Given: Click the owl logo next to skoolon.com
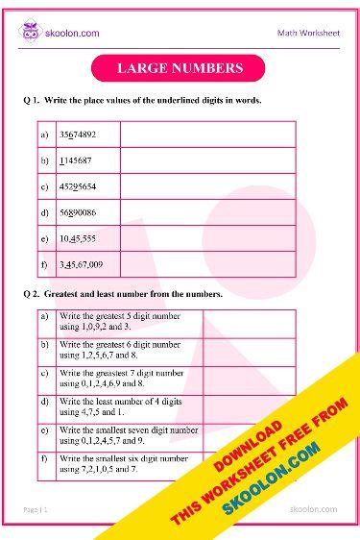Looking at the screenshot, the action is point(31,32).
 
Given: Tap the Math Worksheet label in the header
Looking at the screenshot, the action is point(307,33).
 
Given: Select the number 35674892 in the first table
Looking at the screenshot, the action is point(77,135).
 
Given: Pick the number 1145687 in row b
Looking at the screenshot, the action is point(76,160).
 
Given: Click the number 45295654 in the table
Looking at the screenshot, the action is point(77,186).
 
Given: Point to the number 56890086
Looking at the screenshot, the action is point(77,212).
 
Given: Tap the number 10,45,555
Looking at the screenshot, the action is point(77,238).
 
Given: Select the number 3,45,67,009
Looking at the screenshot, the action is point(82,264).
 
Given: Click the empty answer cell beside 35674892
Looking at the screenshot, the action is point(207,135).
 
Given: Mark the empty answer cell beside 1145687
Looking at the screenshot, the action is point(207,160).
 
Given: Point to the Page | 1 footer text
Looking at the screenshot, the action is point(37,508).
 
